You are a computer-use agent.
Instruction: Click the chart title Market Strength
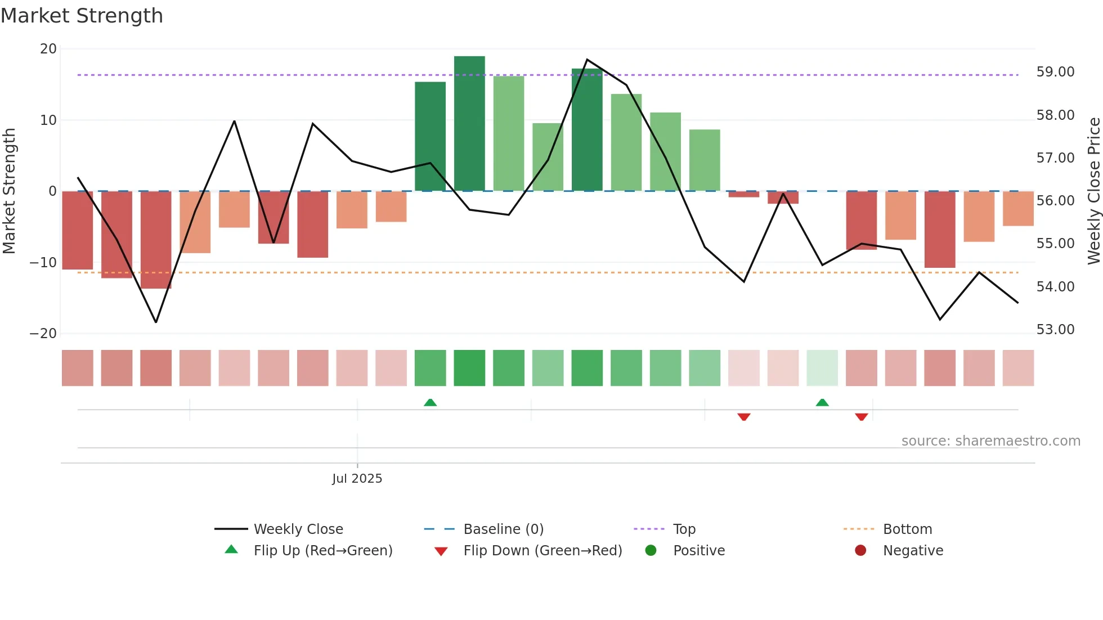[x=82, y=16]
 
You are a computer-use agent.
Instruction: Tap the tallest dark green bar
[x=469, y=124]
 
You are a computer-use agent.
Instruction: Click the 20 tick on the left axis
[x=48, y=49]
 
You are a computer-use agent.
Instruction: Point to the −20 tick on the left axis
[x=43, y=334]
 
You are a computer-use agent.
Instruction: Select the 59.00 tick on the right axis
[x=1055, y=72]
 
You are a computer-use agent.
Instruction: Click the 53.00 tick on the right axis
[x=1055, y=330]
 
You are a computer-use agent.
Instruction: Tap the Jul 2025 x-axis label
[x=357, y=479]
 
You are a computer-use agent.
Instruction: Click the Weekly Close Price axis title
[x=1093, y=191]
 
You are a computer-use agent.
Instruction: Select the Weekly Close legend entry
[x=298, y=529]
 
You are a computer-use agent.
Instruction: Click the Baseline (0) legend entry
[x=503, y=529]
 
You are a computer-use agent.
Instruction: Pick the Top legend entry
[x=684, y=529]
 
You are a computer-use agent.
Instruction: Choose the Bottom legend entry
[x=907, y=529]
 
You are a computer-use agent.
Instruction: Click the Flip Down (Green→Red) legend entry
[x=542, y=551]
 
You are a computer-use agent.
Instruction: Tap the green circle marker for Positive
[x=651, y=551]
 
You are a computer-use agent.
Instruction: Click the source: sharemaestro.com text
[x=990, y=441]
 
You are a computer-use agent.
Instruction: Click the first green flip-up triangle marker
[x=430, y=402]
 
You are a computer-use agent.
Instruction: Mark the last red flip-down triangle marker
[x=861, y=417]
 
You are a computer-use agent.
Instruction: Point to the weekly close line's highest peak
[x=587, y=60]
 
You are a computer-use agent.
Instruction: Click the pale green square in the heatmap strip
[x=822, y=368]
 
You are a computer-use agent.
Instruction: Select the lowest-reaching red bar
[x=156, y=241]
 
